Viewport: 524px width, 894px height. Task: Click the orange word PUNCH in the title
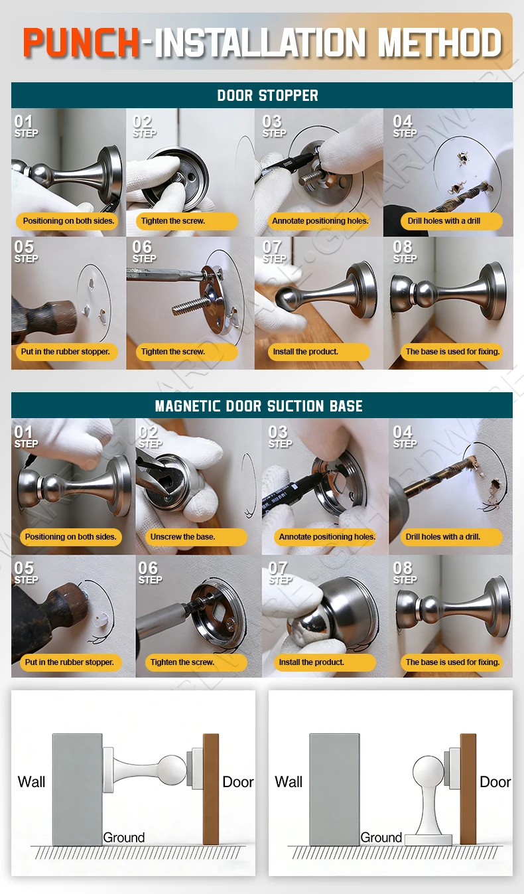(x=81, y=42)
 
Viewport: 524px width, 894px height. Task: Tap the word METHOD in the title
(x=440, y=42)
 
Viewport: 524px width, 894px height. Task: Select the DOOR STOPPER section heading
(x=267, y=96)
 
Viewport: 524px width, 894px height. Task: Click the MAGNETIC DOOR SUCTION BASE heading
(x=259, y=406)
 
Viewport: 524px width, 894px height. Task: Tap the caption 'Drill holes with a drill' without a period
(x=444, y=221)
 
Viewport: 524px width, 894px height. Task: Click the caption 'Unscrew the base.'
(x=182, y=537)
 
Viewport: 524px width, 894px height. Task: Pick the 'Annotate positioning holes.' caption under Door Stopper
(x=320, y=221)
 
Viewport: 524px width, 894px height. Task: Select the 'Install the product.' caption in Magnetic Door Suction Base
(x=312, y=662)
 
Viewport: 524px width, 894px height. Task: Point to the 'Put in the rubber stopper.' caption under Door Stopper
(x=66, y=352)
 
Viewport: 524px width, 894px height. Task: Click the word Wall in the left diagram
(x=31, y=781)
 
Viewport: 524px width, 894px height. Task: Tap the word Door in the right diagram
(x=495, y=781)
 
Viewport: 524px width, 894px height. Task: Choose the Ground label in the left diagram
(x=124, y=837)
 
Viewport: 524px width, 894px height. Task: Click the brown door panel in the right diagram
(x=468, y=788)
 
